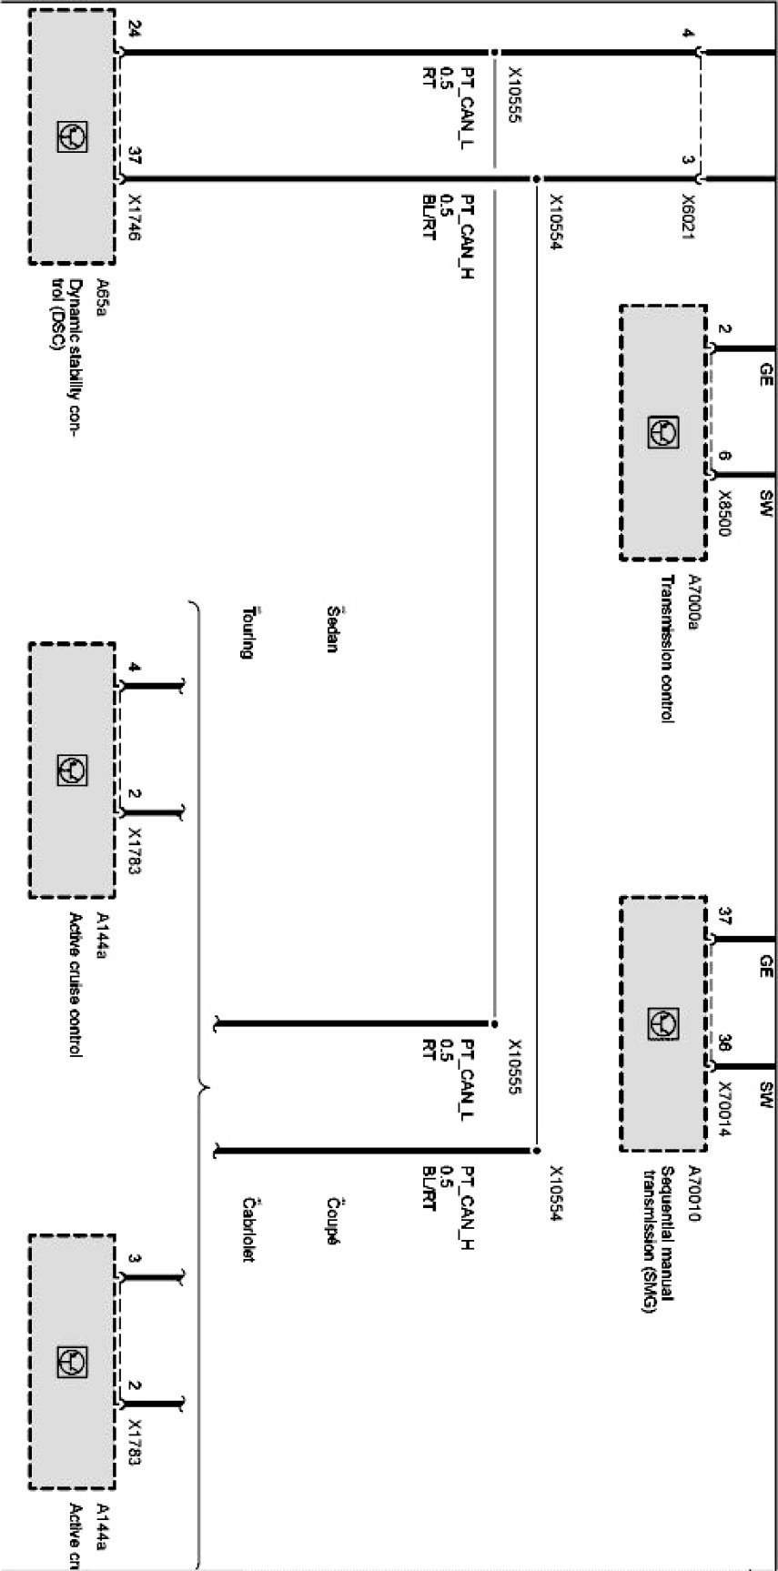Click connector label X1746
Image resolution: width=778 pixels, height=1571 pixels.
coord(135,217)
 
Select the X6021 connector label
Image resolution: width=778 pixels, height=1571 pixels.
coord(689,217)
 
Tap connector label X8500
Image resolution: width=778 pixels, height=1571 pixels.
coord(723,514)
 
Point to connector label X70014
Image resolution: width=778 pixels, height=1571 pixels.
coord(723,1109)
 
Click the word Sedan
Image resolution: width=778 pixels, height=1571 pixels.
coord(332,629)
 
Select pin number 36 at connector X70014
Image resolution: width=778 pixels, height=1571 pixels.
coord(723,1042)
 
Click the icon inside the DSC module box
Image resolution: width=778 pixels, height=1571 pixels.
coord(72,137)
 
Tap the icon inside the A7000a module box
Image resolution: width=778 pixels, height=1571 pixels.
coord(663,432)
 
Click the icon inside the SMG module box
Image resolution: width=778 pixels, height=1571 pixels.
coord(663,1024)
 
